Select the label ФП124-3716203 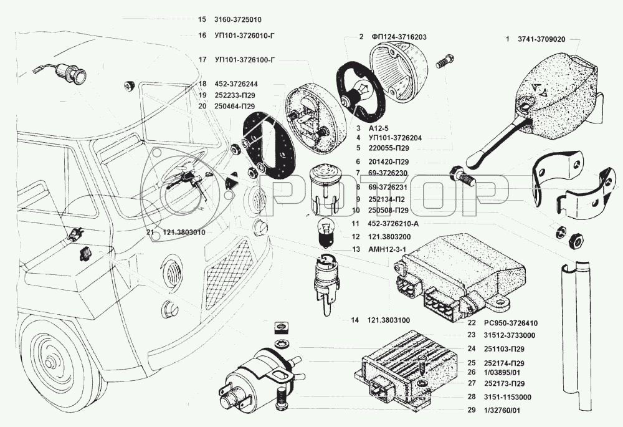(x=399, y=37)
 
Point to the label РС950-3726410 (x=510, y=324)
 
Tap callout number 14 (x=355, y=320)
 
